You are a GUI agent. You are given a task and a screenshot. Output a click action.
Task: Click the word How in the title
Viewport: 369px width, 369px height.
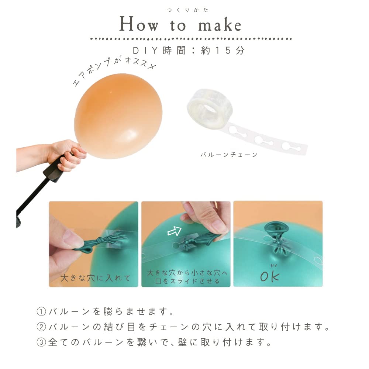coord(139,24)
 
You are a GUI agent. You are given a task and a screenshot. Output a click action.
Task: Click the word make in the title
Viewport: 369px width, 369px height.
coord(220,24)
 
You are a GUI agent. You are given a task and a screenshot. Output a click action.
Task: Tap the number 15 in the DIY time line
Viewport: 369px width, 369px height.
coord(223,51)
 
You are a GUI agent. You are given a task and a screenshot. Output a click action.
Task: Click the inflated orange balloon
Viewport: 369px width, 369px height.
coord(118,116)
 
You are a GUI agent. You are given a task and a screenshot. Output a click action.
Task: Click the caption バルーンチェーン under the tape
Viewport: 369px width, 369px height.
coord(229,155)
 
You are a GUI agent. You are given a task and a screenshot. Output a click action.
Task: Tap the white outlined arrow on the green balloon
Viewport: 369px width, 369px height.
coord(175,231)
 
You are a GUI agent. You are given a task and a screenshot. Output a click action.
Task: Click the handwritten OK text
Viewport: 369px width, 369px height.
coord(270,275)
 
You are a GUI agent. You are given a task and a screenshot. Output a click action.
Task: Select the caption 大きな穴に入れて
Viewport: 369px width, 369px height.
coord(95,278)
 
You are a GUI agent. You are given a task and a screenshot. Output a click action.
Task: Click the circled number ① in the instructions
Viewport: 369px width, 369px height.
coord(41,311)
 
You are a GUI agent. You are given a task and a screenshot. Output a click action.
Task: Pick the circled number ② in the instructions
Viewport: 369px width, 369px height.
coord(41,327)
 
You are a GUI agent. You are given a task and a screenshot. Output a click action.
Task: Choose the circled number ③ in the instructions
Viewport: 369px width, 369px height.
coord(41,342)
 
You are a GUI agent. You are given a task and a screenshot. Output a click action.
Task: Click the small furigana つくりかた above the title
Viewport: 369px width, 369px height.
coord(187,10)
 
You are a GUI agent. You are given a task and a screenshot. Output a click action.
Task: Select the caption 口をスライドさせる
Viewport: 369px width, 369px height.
coord(187,281)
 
